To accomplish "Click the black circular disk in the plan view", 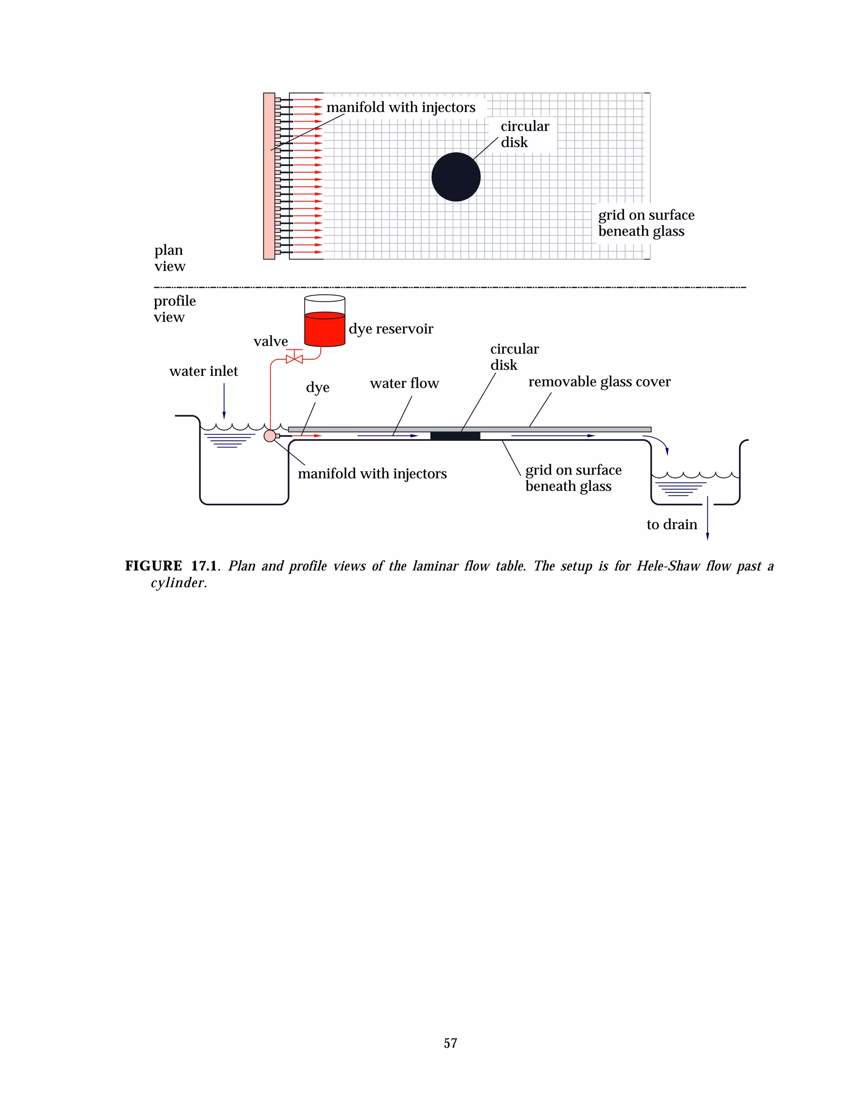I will (x=456, y=177).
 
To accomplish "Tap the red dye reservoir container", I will (x=325, y=329).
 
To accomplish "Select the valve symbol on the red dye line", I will (x=295, y=359).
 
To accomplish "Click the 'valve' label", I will (x=271, y=341).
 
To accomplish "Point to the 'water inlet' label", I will (x=203, y=371).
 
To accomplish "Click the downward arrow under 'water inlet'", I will (x=224, y=401).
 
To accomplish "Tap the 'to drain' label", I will (x=671, y=525).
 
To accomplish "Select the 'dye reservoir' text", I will (x=391, y=329).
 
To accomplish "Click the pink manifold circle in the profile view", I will (x=270, y=436).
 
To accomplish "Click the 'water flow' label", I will (x=404, y=383).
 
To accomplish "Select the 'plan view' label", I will (x=170, y=258).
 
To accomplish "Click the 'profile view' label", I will (x=174, y=309).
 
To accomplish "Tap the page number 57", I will (x=450, y=1043).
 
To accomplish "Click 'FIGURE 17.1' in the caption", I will (x=171, y=566).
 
